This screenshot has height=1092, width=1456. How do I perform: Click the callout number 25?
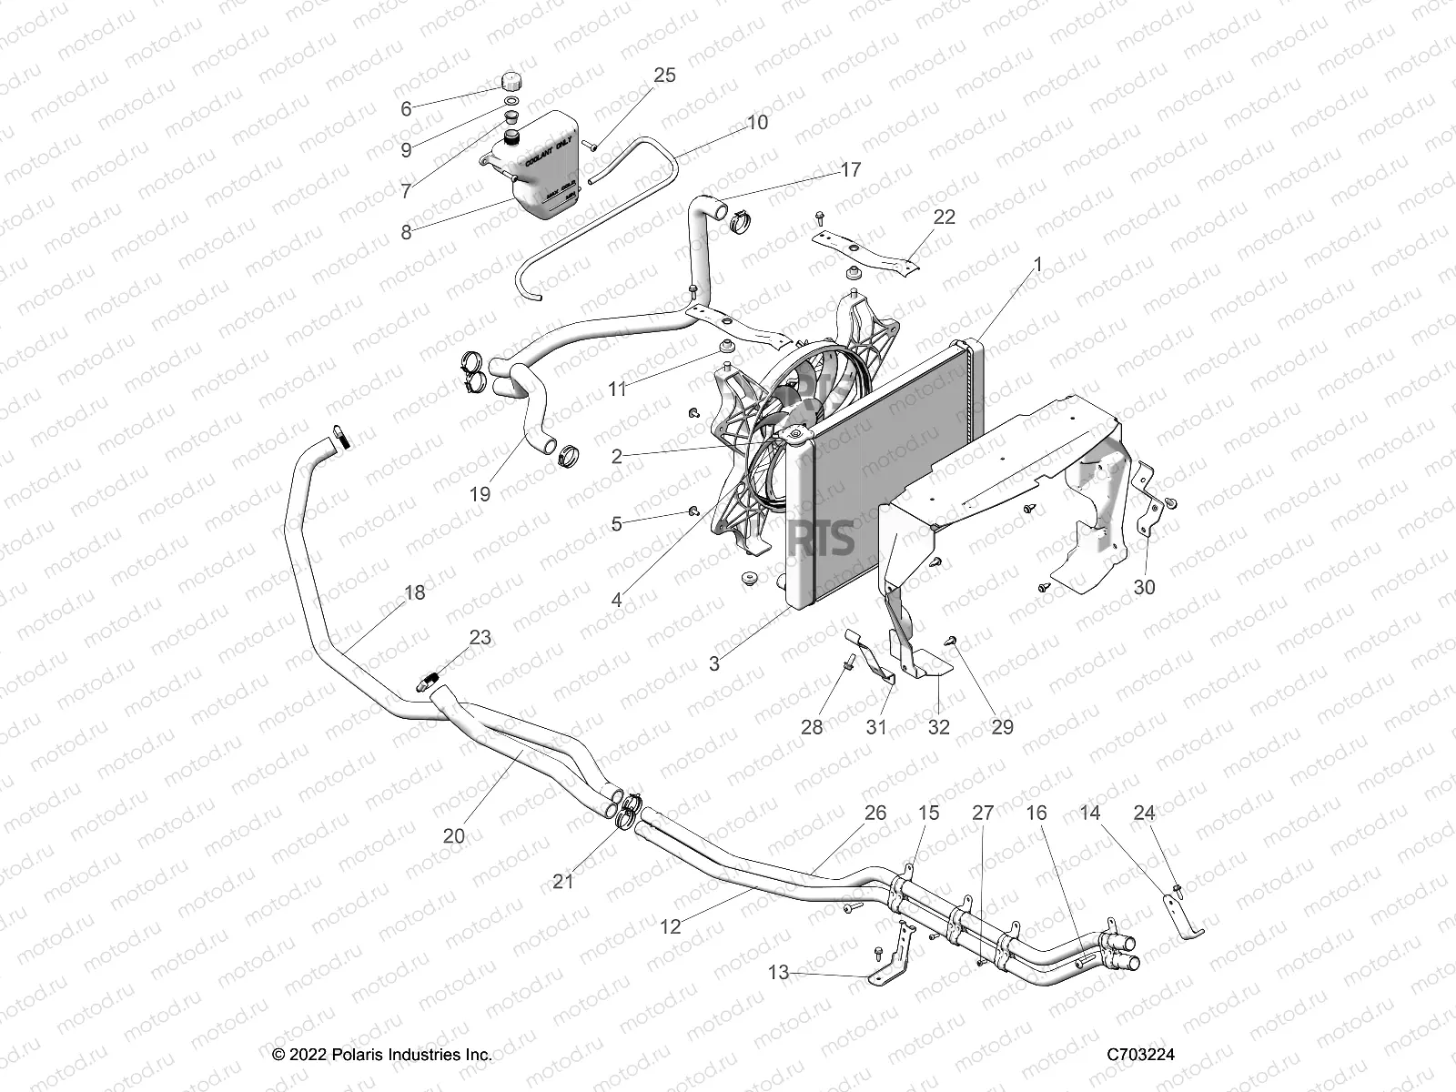pyautogui.click(x=664, y=75)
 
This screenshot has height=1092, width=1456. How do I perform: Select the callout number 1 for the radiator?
pyautogui.click(x=1037, y=265)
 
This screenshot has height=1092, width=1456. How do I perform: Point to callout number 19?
pyautogui.click(x=480, y=494)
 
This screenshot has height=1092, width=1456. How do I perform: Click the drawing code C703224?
pyautogui.click(x=1140, y=1055)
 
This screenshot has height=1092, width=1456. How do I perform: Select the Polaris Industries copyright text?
pyautogui.click(x=382, y=1055)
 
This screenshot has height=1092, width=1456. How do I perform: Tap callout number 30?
pyautogui.click(x=1144, y=588)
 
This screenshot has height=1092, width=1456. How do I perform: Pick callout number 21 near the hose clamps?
pyautogui.click(x=563, y=881)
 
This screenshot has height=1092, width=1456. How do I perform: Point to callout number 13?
pyautogui.click(x=778, y=973)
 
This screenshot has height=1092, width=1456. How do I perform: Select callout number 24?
pyautogui.click(x=1144, y=813)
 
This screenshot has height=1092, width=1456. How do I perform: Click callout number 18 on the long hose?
pyautogui.click(x=414, y=592)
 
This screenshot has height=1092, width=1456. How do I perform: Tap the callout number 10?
pyautogui.click(x=756, y=122)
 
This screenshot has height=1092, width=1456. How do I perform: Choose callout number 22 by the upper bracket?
pyautogui.click(x=944, y=217)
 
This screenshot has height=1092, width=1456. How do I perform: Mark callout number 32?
pyautogui.click(x=937, y=726)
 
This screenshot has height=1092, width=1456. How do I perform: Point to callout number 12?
pyautogui.click(x=670, y=927)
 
